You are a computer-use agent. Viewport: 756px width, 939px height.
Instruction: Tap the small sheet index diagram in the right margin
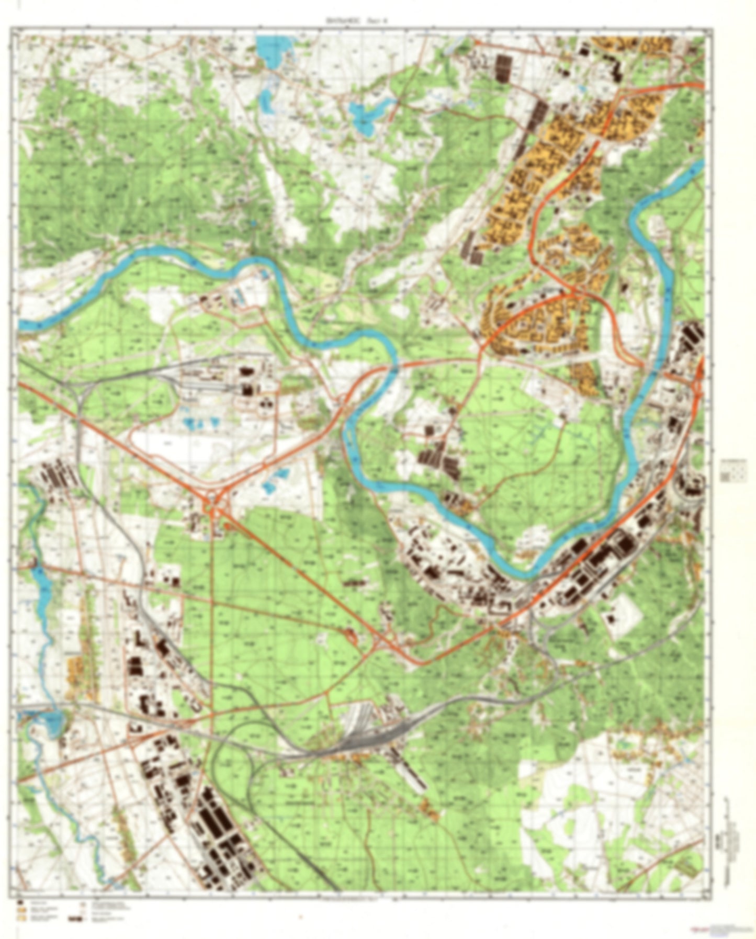(734, 472)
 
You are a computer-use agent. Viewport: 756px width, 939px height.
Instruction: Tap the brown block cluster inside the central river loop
(438, 458)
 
